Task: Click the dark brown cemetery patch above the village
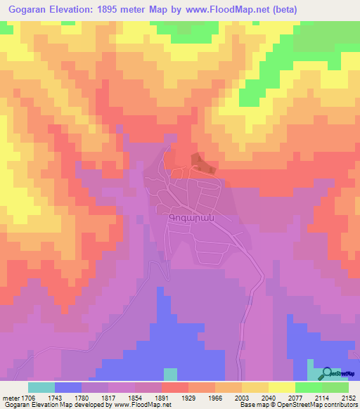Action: click(x=202, y=164)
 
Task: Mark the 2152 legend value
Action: click(x=348, y=398)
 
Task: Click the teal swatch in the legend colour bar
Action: click(x=41, y=387)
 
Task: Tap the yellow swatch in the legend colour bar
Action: click(x=281, y=387)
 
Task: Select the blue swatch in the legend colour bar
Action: click(x=68, y=387)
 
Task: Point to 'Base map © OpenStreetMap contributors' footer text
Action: click(x=297, y=405)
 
